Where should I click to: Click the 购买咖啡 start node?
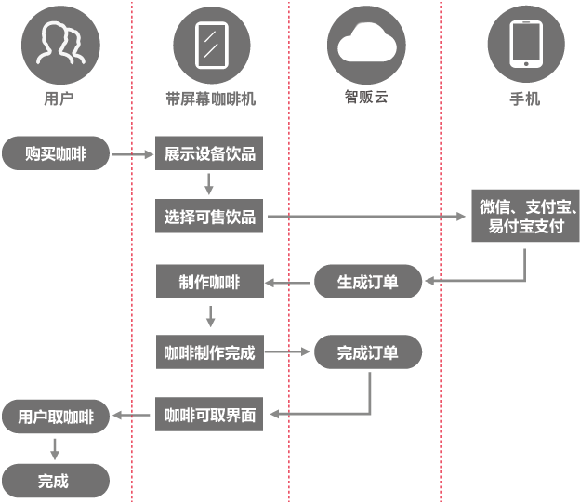(56, 153)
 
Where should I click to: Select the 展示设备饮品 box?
(209, 153)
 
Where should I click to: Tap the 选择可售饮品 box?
(209, 216)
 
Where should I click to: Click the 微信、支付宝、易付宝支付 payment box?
(525, 216)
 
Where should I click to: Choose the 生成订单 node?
(368, 282)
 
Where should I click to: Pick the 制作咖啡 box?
(210, 282)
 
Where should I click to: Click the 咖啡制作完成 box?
(210, 352)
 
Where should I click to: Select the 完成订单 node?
(368, 352)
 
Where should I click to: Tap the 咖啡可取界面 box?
(209, 414)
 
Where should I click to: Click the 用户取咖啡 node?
(56, 417)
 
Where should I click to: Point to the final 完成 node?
(56, 481)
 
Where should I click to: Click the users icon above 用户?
(60, 46)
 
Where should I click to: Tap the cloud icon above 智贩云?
(366, 46)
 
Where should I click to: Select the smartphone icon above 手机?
(526, 45)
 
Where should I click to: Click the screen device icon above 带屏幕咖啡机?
(212, 46)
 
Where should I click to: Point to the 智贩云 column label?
(366, 97)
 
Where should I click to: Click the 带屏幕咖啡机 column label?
(210, 99)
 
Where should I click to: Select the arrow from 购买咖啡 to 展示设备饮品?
(133, 154)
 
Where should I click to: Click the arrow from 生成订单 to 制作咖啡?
(287, 284)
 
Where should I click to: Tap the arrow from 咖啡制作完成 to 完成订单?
(287, 351)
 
